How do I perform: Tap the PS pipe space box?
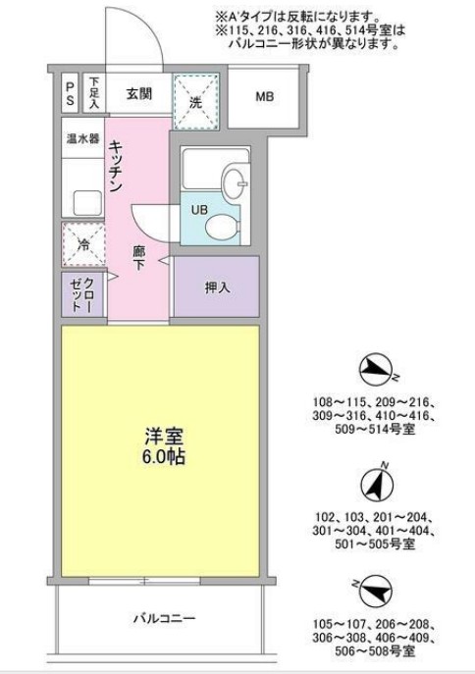70,95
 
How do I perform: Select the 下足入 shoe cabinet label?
94,95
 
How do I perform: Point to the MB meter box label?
264,96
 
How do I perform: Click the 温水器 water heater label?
81,138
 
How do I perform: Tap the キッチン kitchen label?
116,165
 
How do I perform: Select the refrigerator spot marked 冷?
83,244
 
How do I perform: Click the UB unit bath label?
197,209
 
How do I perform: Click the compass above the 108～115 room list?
377,371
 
